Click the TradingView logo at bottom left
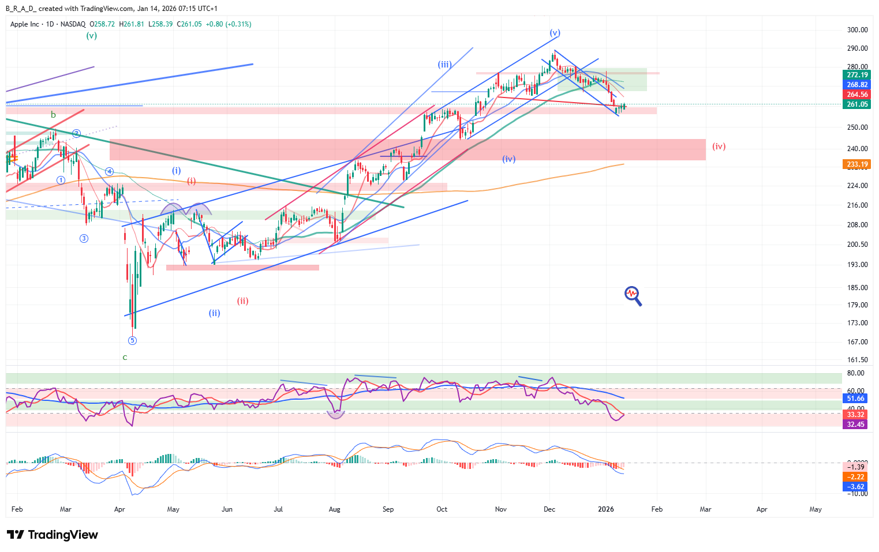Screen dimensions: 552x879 click(53, 535)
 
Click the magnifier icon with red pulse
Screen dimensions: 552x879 click(633, 295)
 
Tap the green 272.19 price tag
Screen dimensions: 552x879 click(856, 75)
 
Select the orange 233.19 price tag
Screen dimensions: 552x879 click(856, 164)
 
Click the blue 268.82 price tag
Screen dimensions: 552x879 click(856, 85)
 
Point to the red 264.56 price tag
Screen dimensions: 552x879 click(856, 95)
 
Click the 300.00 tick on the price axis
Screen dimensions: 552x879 click(857, 30)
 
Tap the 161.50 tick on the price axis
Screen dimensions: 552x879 click(857, 359)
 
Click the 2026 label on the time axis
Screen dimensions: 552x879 click(606, 509)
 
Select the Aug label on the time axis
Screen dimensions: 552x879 click(334, 509)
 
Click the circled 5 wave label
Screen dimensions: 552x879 click(132, 340)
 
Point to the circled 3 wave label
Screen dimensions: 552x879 click(84, 238)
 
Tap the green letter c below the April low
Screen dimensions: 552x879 click(125, 357)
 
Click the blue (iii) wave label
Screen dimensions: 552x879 click(444, 65)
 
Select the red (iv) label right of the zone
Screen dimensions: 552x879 click(719, 147)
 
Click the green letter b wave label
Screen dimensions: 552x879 click(53, 115)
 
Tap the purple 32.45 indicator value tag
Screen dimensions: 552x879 click(855, 425)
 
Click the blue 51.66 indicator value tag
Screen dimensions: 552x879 click(855, 399)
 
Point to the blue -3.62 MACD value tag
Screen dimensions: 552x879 click(855, 487)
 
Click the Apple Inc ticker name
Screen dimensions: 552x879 click(25, 24)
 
